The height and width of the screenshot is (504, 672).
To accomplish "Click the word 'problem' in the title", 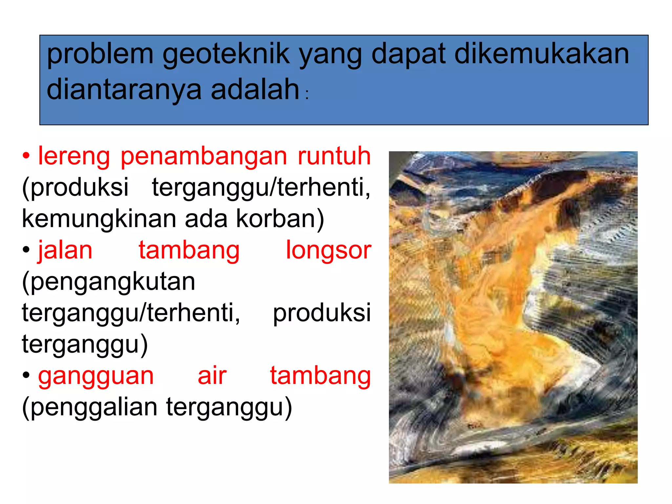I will click(100, 54).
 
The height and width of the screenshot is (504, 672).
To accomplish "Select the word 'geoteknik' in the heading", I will click(226, 54).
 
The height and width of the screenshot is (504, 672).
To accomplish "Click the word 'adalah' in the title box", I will click(255, 89).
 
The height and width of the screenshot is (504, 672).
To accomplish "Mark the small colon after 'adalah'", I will click(307, 95).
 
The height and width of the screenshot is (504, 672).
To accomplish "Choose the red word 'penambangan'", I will click(204, 157).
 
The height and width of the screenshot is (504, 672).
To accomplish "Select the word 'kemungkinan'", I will click(99, 219).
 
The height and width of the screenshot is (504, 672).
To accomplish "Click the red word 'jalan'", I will click(65, 251).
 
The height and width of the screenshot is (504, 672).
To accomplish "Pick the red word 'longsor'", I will click(328, 251).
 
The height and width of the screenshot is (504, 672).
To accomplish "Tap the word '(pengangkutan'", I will click(109, 282).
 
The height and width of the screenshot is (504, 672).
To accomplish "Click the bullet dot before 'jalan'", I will click(26, 250).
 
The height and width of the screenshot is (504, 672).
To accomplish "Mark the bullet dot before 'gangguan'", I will click(26, 375).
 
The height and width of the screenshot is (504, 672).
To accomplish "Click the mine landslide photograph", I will click(513, 317).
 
